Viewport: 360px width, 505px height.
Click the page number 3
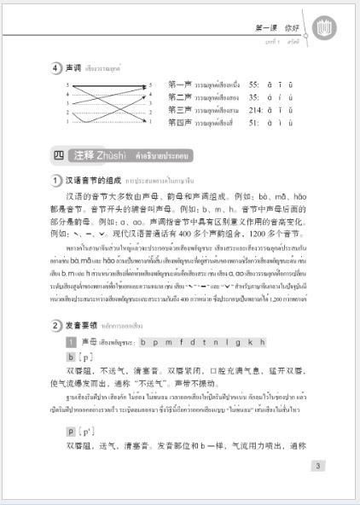[317, 465]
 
